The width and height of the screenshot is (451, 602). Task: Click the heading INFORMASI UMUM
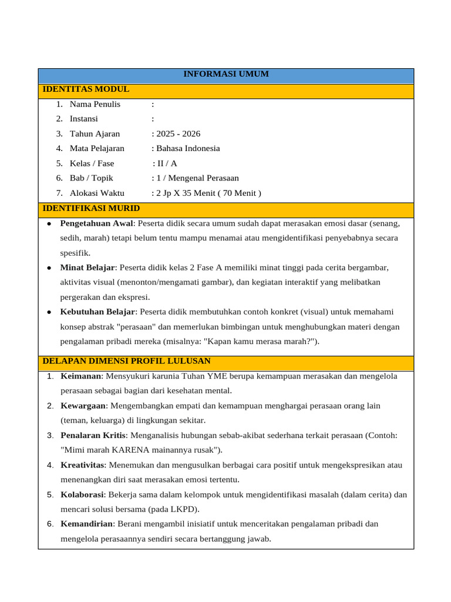coord(226,74)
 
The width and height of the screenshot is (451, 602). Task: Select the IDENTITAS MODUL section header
coord(86,89)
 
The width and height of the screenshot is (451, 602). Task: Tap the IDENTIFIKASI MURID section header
coord(91,208)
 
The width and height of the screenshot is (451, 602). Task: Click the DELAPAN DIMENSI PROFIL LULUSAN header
coord(126,360)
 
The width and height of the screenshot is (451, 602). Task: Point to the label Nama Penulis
coord(95,104)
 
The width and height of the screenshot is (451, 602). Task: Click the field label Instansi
coord(84,119)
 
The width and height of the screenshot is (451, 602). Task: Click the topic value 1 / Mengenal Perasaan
coord(197,178)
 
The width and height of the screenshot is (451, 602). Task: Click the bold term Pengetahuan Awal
coord(97,223)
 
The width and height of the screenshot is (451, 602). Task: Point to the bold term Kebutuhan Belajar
coord(98,312)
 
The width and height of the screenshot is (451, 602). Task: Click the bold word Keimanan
coord(82,376)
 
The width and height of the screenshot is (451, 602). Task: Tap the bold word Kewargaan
coord(83,406)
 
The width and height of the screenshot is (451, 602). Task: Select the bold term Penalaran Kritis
coord(93,436)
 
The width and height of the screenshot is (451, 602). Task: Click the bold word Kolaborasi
coord(82,494)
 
